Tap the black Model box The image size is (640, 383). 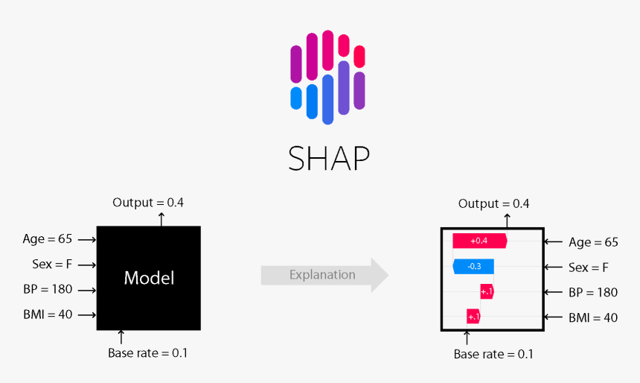[149, 278]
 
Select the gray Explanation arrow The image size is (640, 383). [324, 275]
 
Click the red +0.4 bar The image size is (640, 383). [479, 241]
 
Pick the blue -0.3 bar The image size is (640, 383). [473, 266]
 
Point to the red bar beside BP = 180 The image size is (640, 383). [487, 291]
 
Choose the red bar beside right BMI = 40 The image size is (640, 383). [473, 317]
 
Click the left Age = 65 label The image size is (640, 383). [48, 239]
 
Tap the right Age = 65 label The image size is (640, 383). [593, 242]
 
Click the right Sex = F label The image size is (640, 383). [589, 268]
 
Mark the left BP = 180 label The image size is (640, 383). [48, 290]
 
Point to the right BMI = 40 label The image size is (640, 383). [593, 317]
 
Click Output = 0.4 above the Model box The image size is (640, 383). [148, 203]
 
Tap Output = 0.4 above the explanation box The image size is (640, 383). [493, 203]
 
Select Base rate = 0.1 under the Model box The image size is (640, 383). [148, 353]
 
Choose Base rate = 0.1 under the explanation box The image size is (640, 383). [493, 354]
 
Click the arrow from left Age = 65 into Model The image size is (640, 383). [86, 240]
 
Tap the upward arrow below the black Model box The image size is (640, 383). [121, 337]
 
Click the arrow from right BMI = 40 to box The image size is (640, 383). [555, 317]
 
